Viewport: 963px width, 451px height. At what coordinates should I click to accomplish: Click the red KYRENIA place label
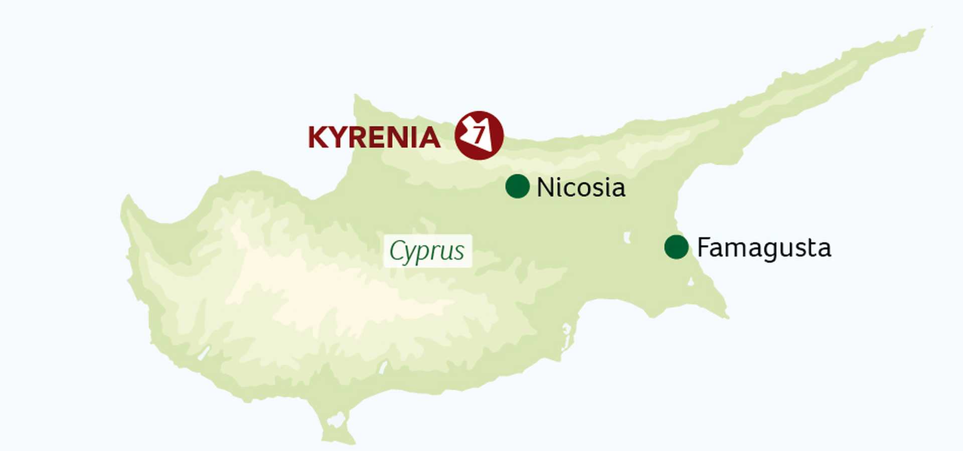point(374,137)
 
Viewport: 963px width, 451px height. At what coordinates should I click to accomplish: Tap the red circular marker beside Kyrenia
point(479,135)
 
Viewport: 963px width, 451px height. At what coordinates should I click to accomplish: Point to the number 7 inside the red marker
point(479,135)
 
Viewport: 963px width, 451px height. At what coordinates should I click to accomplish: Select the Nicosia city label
point(581,188)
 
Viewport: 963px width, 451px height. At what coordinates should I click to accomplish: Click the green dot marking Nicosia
point(517,186)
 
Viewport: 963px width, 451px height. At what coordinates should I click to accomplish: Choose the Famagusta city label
point(764,248)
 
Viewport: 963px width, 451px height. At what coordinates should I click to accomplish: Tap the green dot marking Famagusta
point(676,247)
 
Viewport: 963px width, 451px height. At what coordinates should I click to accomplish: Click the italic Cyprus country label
point(427,251)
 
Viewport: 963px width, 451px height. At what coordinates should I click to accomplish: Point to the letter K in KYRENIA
point(318,137)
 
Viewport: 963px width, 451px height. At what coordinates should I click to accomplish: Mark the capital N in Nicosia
point(545,188)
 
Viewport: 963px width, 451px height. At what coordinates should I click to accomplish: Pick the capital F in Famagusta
point(704,247)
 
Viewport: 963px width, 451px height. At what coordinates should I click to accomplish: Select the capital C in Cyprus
point(397,251)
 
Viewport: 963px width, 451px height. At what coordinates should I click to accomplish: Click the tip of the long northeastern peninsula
point(923,31)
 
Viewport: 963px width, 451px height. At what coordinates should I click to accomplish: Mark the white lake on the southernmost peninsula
point(336,420)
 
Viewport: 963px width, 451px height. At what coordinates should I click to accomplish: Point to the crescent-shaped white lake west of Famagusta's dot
point(627,238)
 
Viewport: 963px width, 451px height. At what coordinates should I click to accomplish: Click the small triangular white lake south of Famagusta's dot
point(691,282)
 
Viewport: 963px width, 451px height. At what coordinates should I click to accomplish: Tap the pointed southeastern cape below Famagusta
point(726,316)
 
